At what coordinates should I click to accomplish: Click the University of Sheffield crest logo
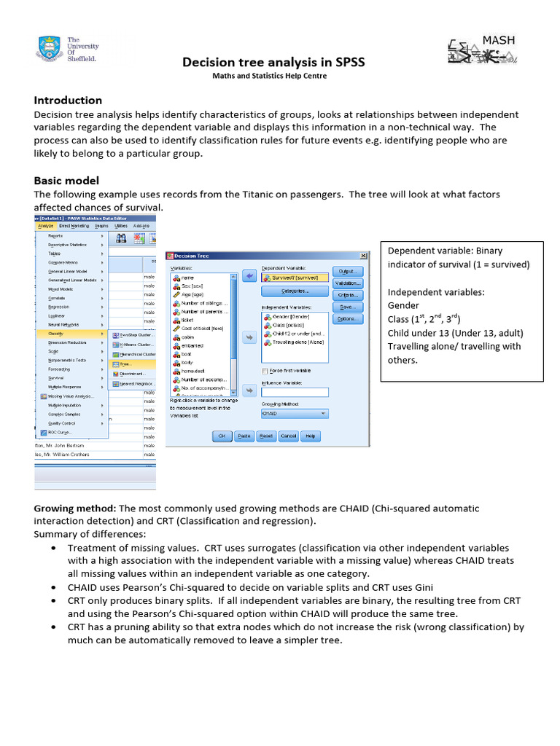(x=49, y=48)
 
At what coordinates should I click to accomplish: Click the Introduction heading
(x=68, y=101)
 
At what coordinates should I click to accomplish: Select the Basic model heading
(x=66, y=180)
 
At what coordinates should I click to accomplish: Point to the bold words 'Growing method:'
(x=75, y=508)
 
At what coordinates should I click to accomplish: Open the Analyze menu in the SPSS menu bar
(x=45, y=227)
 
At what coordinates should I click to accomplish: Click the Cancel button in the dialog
(x=289, y=436)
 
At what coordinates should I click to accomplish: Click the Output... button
(x=346, y=271)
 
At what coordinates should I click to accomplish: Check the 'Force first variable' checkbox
(x=264, y=371)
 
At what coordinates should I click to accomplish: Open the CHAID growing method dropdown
(x=295, y=414)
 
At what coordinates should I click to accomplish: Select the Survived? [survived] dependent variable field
(x=293, y=278)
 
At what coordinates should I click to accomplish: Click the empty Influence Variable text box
(x=295, y=392)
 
